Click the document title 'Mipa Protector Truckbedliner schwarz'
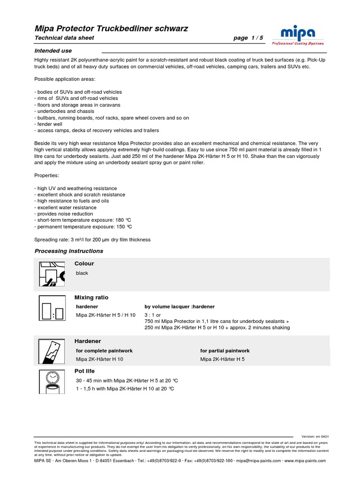point(112,29)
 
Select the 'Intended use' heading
point(53,50)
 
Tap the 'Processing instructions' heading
point(69,251)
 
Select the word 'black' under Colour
point(82,273)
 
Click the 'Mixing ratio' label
point(91,297)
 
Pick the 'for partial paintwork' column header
point(225,351)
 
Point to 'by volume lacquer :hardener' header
point(180,307)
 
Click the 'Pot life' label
point(84,371)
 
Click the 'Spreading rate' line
point(92,240)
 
